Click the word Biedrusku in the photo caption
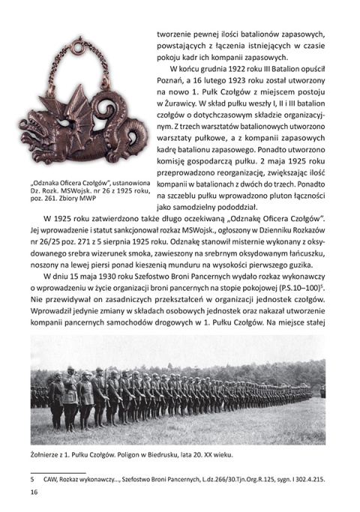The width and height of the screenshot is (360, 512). click(173, 454)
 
